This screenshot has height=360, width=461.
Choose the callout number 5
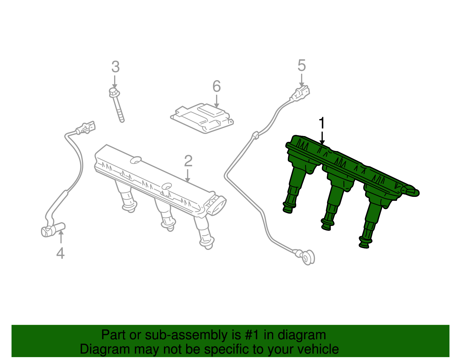point(301,65)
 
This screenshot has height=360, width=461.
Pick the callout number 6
point(217,86)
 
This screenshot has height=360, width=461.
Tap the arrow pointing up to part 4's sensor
point(61,237)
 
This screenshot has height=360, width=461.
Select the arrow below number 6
point(216,101)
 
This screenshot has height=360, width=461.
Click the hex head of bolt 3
point(114,93)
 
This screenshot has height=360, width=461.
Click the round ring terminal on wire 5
point(308,258)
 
